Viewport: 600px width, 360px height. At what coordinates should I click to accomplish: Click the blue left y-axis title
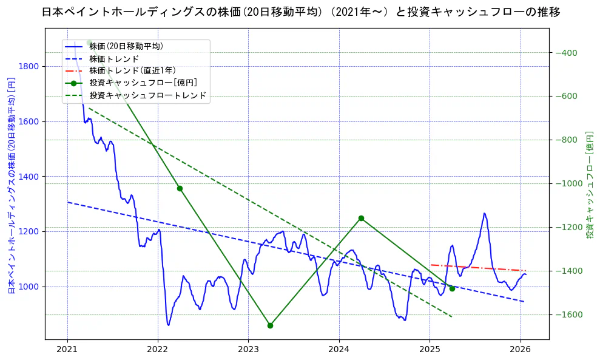pyautogui.click(x=11, y=185)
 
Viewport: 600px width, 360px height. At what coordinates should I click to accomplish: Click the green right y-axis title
pyautogui.click(x=589, y=185)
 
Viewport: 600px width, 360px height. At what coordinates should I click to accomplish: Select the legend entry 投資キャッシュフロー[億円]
pyautogui.click(x=143, y=83)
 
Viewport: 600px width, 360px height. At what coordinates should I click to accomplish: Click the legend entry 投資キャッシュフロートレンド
pyautogui.click(x=147, y=95)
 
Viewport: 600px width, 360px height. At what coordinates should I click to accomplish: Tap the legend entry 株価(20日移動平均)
pyautogui.click(x=126, y=46)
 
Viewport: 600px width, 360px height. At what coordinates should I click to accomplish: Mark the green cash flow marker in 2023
pyautogui.click(x=270, y=325)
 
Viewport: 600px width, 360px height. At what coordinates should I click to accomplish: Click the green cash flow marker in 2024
pyautogui.click(x=361, y=218)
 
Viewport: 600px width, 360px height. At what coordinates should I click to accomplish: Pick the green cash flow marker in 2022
pyautogui.click(x=180, y=188)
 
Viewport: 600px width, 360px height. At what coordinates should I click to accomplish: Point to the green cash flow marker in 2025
pyautogui.click(x=452, y=288)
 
